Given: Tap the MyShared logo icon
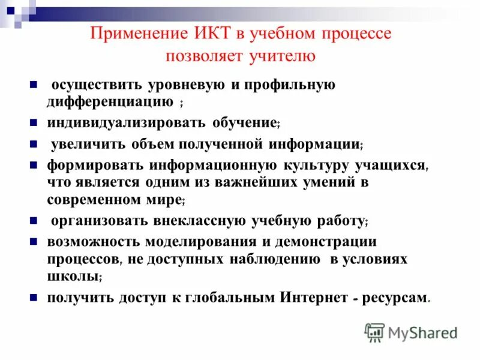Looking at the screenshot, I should coord(375,332).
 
